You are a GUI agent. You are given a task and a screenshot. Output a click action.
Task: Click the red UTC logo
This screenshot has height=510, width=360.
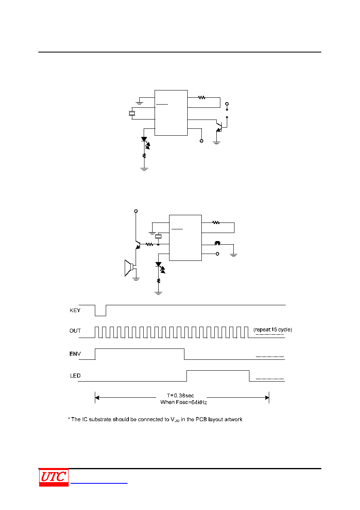click(x=54, y=477)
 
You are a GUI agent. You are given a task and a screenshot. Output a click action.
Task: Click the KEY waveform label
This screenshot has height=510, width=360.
click(x=75, y=311)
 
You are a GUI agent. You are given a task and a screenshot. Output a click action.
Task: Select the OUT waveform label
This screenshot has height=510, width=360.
click(x=75, y=331)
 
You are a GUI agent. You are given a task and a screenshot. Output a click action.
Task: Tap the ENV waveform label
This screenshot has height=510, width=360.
click(x=75, y=354)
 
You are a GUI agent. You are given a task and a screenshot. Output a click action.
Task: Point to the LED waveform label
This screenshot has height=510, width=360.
click(x=75, y=376)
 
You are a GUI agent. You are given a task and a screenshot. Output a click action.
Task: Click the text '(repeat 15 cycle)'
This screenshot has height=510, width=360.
click(x=272, y=330)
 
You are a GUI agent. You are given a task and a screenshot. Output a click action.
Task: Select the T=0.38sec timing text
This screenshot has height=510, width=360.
click(x=180, y=395)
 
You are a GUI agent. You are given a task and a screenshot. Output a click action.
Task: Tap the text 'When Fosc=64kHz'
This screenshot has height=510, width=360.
click(x=184, y=402)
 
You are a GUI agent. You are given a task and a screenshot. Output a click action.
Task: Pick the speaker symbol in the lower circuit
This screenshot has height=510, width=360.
click(x=129, y=268)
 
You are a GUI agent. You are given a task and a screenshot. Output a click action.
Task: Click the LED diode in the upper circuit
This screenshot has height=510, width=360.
click(x=144, y=139)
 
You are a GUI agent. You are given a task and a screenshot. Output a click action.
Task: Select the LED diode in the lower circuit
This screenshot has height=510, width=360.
click(x=158, y=264)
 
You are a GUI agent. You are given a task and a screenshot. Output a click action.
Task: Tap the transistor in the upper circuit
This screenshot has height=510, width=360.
click(x=219, y=126)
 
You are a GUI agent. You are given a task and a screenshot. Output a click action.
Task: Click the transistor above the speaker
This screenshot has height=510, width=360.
click(x=138, y=245)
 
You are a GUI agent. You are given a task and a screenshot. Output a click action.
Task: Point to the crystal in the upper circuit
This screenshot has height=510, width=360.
click(x=132, y=113)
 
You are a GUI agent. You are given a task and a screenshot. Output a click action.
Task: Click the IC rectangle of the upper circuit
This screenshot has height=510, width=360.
click(x=171, y=113)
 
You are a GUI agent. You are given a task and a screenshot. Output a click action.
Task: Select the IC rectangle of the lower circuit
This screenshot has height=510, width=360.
click(x=185, y=238)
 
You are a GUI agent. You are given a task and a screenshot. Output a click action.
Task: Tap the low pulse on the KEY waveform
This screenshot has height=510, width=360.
click(x=100, y=315)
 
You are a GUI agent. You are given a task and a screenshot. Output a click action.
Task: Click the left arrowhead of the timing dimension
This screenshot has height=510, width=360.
click(x=97, y=397)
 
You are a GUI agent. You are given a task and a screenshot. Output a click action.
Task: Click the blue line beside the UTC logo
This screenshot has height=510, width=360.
click(x=99, y=483)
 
